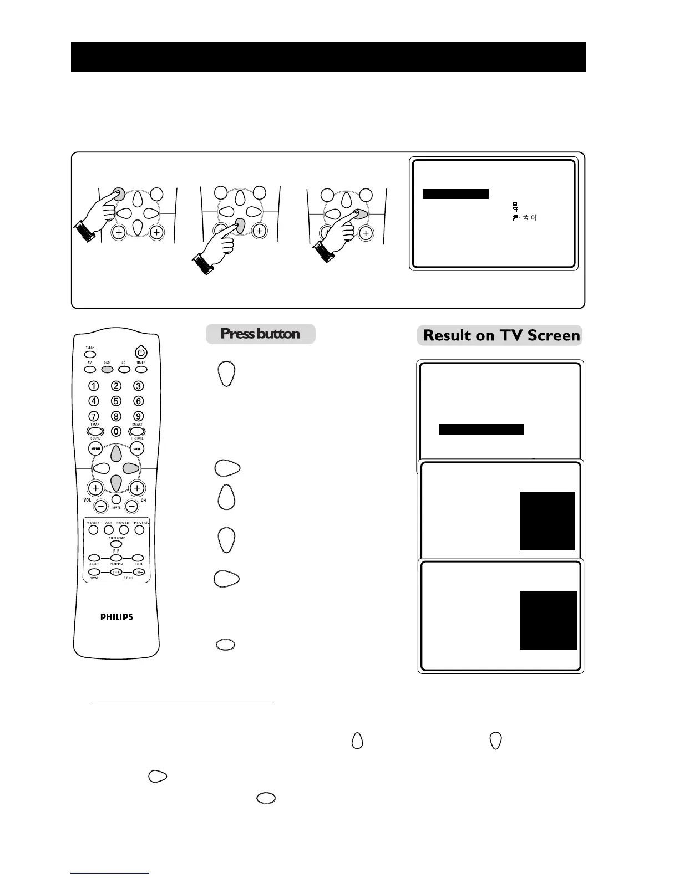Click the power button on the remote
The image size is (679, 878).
click(x=141, y=352)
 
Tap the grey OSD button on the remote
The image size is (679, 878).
click(x=107, y=369)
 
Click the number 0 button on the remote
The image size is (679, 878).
click(x=116, y=431)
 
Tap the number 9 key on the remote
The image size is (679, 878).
click(x=139, y=416)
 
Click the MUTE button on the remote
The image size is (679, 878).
click(x=116, y=499)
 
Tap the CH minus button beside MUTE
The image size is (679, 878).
click(x=131, y=506)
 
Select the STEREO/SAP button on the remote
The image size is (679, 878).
click(x=116, y=543)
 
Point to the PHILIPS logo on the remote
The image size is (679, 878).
click(x=116, y=616)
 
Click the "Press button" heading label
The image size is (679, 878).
click(x=260, y=334)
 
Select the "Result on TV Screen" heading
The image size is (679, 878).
click(x=501, y=335)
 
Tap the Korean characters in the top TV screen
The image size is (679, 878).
click(x=524, y=218)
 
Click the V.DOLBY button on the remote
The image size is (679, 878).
click(x=93, y=530)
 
